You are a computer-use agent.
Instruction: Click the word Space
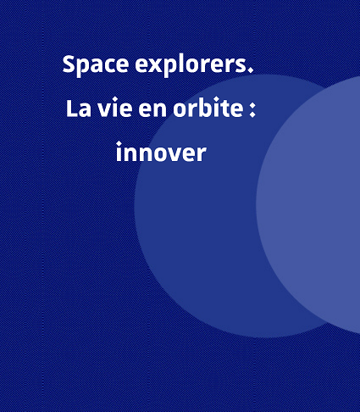click(x=96, y=65)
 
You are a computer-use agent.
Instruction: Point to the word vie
click(x=115, y=108)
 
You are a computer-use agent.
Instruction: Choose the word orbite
click(x=208, y=107)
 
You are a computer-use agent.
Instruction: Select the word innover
click(x=161, y=152)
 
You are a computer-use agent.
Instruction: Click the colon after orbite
click(x=252, y=109)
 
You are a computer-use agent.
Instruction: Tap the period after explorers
click(x=250, y=70)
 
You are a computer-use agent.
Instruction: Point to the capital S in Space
click(x=69, y=64)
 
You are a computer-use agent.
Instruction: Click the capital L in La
click(x=71, y=109)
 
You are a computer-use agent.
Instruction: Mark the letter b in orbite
click(x=199, y=107)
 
